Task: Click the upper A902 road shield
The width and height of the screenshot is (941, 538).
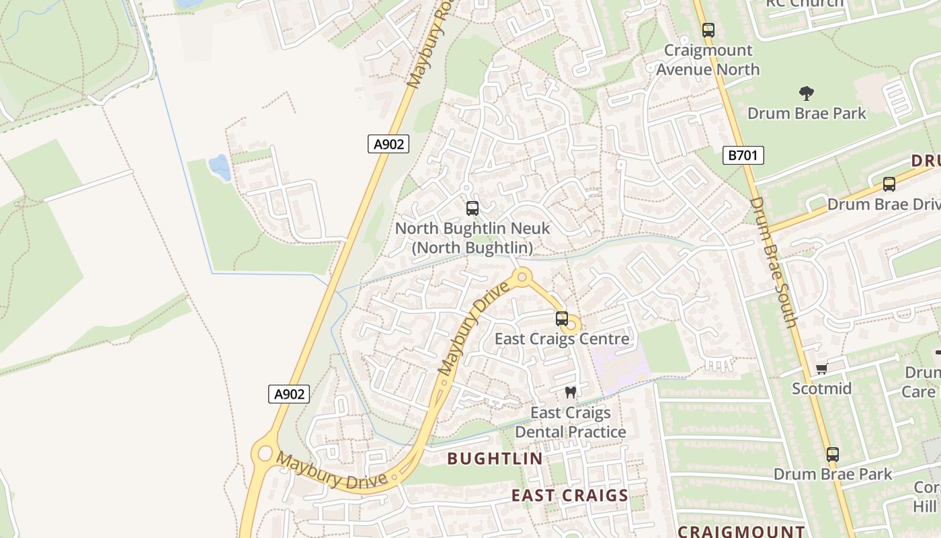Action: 388,144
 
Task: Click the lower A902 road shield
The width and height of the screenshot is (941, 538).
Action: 290,394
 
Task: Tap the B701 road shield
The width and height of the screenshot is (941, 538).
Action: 743,156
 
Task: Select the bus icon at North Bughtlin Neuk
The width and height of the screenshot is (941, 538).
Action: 473,208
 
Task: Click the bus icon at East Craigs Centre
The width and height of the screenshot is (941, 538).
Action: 562,319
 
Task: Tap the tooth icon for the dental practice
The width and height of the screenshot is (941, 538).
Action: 571,392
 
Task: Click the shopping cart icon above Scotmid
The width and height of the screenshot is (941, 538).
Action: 821,369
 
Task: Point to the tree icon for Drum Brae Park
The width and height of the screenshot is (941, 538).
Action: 807,93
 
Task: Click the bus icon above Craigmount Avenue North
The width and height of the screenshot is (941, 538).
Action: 708,30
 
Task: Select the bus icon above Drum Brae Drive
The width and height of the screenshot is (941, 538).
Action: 889,184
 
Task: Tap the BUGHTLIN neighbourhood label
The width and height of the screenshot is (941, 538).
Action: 495,459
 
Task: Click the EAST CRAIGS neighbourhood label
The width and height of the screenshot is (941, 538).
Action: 569,496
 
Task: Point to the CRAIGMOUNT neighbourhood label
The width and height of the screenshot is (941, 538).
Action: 741,531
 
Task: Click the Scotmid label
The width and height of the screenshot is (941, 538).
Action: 821,389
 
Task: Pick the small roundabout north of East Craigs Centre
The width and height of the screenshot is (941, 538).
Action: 522,276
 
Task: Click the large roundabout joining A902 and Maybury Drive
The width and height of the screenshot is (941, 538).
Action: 265,455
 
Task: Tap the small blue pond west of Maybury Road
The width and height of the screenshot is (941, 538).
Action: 219,167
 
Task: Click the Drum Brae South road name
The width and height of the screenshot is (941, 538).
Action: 773,262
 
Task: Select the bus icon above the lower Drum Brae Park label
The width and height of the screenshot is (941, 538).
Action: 833,455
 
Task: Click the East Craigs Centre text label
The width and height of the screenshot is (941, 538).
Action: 562,338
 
